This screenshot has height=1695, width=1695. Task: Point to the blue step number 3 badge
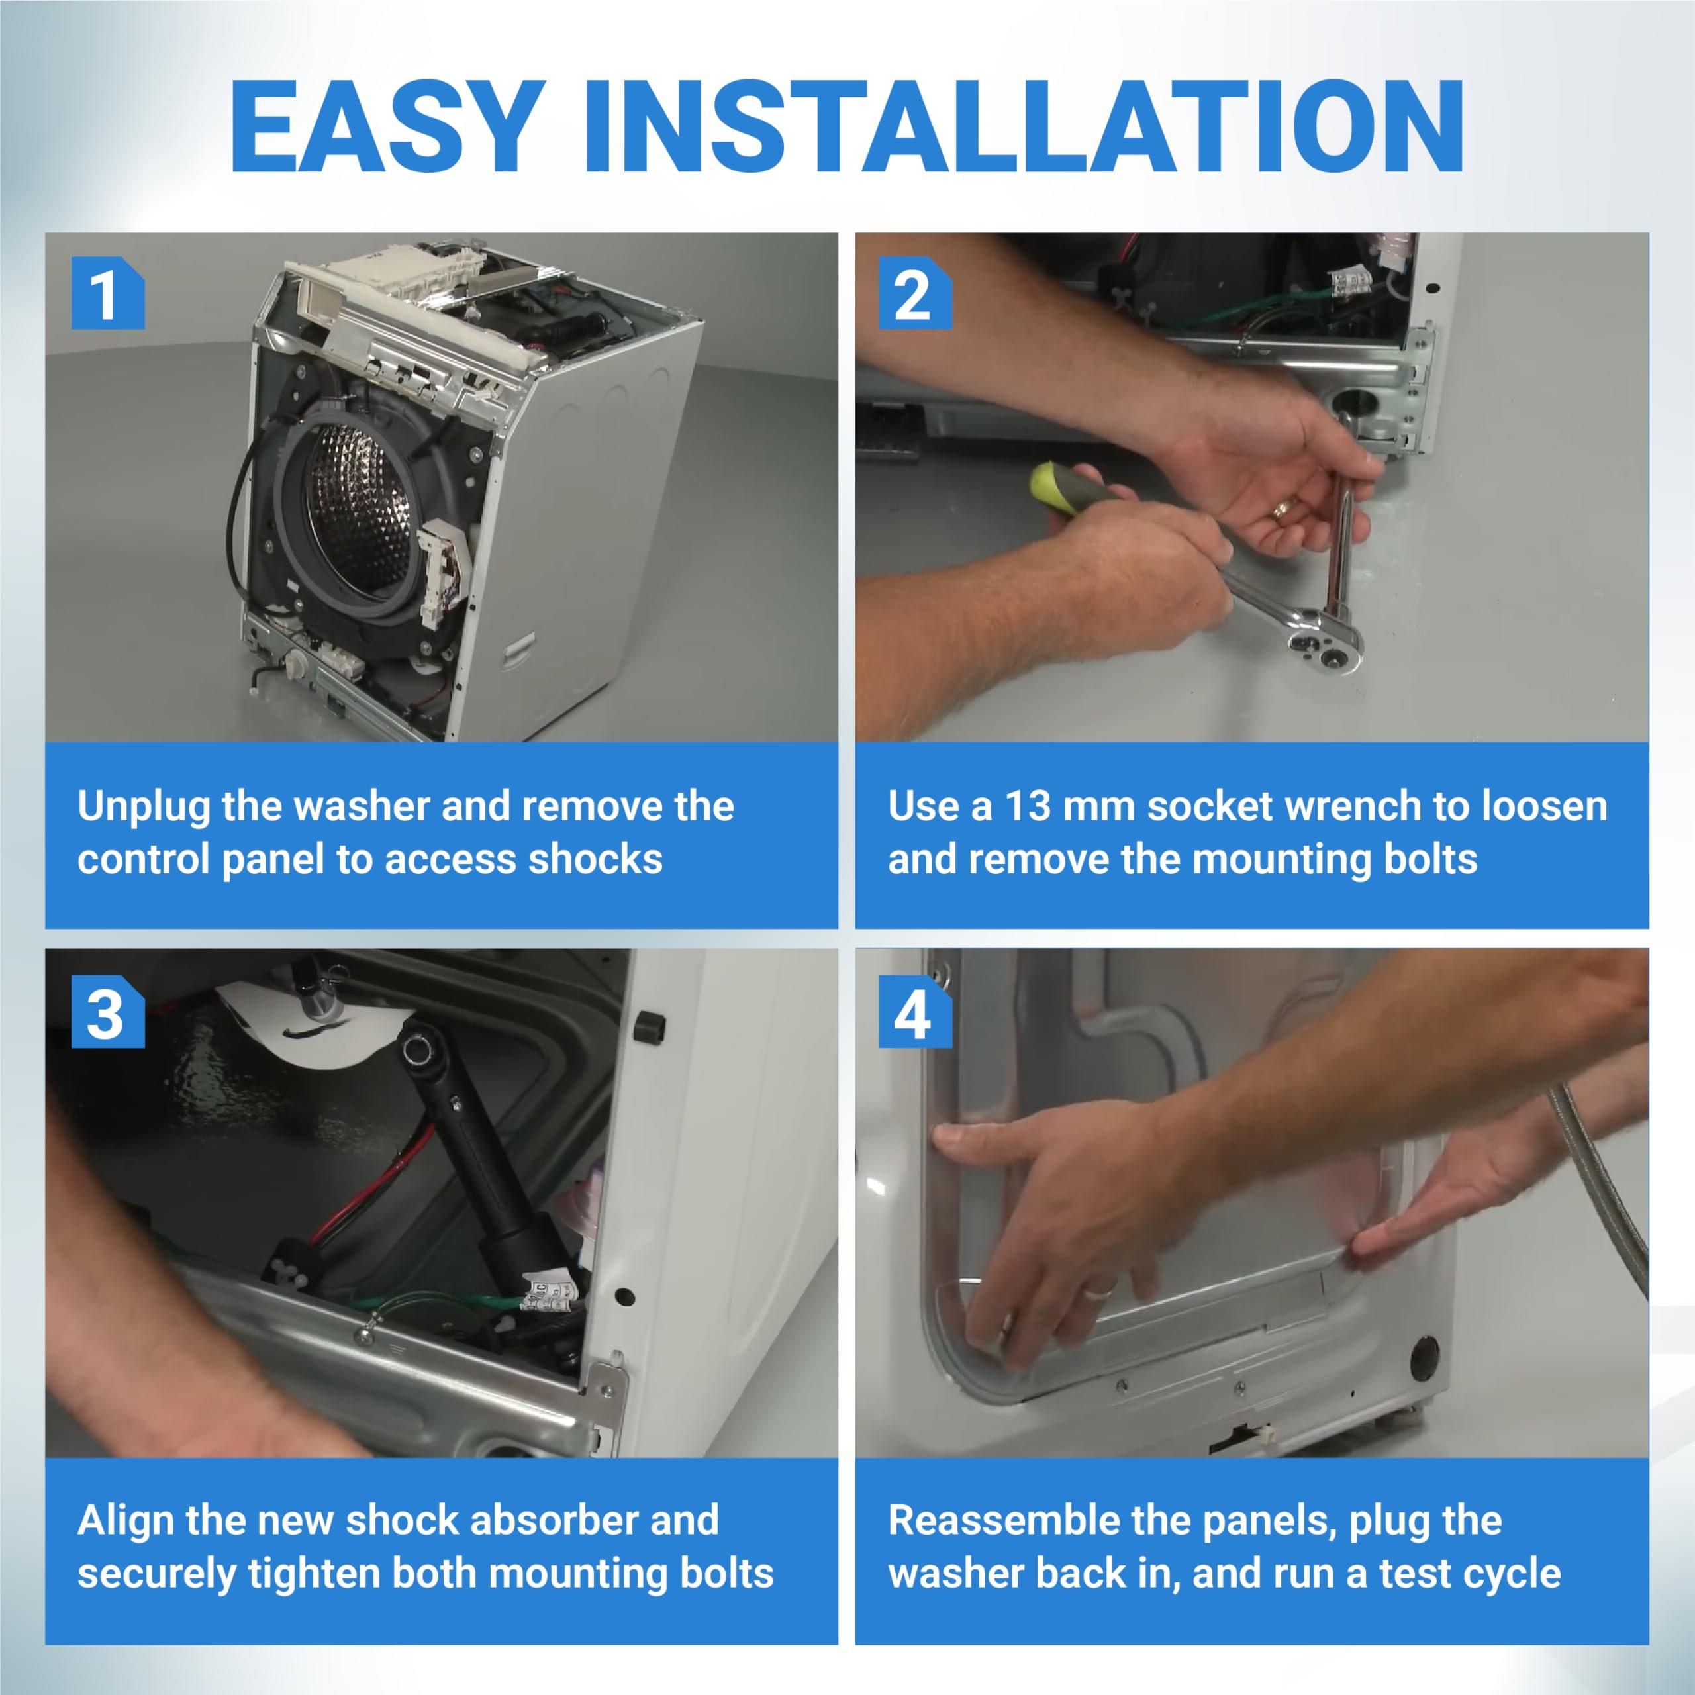tap(107, 1010)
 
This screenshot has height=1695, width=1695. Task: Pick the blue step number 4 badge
tap(915, 1010)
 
